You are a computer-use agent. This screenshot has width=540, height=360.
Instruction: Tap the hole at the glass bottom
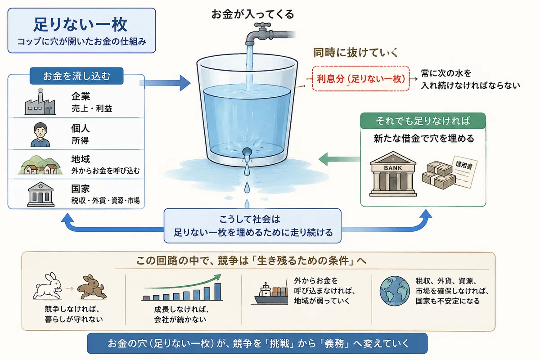pyautogui.click(x=247, y=152)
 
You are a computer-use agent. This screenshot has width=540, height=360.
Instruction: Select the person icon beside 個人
pyautogui.click(x=40, y=135)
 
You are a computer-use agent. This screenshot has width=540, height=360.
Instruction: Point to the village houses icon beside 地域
pyautogui.click(x=40, y=165)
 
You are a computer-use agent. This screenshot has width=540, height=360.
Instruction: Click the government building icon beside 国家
pyautogui.click(x=40, y=194)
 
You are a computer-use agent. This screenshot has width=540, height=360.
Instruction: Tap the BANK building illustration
pyautogui.click(x=393, y=174)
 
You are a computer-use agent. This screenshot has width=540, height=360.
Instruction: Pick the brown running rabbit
pyautogui.click(x=92, y=287)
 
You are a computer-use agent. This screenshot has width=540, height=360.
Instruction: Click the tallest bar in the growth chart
pyautogui.click(x=217, y=291)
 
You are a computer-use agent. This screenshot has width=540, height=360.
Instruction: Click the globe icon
pyautogui.click(x=395, y=291)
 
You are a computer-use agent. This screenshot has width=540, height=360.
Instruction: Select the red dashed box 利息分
pyautogui.click(x=360, y=79)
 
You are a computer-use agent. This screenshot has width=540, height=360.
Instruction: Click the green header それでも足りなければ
pyautogui.click(x=423, y=121)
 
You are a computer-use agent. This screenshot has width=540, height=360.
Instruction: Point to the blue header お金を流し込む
pyautogui.click(x=76, y=76)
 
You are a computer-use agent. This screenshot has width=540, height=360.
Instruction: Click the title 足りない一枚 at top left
pyautogui.click(x=80, y=24)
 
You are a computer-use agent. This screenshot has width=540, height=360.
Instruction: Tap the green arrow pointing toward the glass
pyautogui.click(x=339, y=159)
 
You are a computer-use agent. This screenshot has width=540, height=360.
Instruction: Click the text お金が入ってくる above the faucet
pyautogui.click(x=252, y=14)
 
